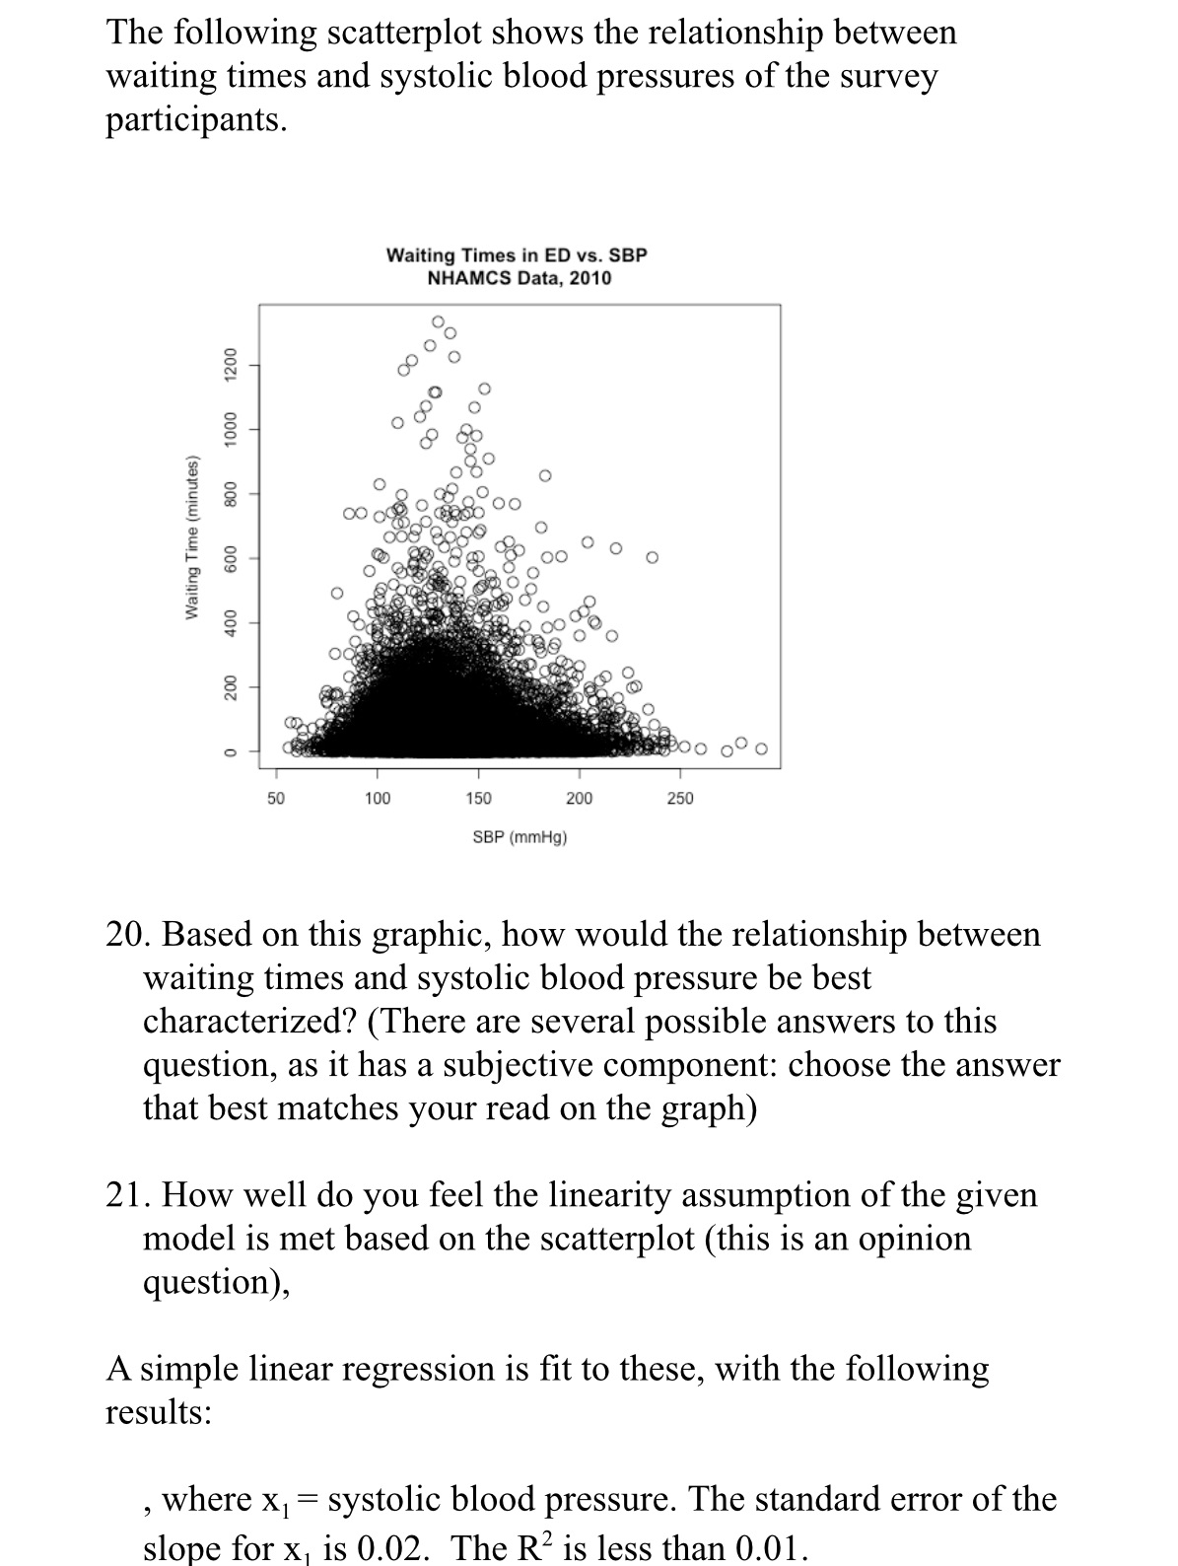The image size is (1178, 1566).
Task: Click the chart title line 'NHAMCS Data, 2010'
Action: (519, 278)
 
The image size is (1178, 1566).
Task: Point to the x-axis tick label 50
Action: (277, 798)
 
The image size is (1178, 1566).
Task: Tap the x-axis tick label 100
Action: (378, 798)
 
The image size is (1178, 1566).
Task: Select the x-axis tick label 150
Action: (479, 798)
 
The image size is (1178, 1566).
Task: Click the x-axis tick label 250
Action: (680, 798)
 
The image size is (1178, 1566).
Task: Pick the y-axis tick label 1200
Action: (229, 365)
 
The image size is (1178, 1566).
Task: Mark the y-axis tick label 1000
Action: (229, 430)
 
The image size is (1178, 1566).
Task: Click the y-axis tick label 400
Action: (229, 622)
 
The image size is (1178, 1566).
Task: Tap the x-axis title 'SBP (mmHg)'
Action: (520, 837)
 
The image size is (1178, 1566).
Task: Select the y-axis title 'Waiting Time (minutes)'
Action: (193, 538)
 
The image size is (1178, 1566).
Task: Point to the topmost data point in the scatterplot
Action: (438, 321)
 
